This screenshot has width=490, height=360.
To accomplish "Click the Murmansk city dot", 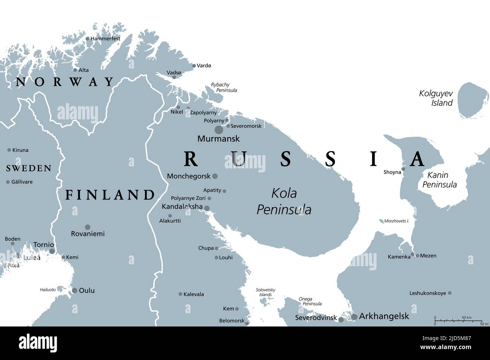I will [x=219, y=130].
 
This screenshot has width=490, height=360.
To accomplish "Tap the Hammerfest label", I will [x=105, y=38].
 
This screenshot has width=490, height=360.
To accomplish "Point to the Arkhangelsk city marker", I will [x=354, y=317].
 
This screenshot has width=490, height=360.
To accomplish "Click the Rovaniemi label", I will [x=88, y=234].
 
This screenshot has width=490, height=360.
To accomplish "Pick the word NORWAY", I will [x=64, y=82].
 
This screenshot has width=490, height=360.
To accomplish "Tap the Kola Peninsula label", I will [x=284, y=201].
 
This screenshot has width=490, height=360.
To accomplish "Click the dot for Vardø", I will [x=194, y=66].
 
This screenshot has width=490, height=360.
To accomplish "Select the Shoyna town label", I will [x=392, y=172].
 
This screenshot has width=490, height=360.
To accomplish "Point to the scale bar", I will [x=458, y=320].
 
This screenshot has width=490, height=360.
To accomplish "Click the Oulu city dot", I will [x=75, y=290].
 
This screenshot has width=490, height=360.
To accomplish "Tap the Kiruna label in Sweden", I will [x=20, y=150].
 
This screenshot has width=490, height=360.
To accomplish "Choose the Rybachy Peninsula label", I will [x=224, y=87].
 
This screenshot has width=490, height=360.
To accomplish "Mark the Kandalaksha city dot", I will [x=207, y=208].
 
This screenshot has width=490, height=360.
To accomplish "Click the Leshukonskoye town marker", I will [x=449, y=293].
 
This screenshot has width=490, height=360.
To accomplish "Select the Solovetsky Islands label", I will [x=265, y=292].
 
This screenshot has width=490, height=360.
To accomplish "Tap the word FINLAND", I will [x=110, y=195].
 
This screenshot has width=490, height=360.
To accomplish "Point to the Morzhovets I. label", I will [x=396, y=221].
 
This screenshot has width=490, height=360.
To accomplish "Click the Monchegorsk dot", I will [x=215, y=176].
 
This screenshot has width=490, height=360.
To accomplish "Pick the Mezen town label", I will [x=428, y=256].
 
